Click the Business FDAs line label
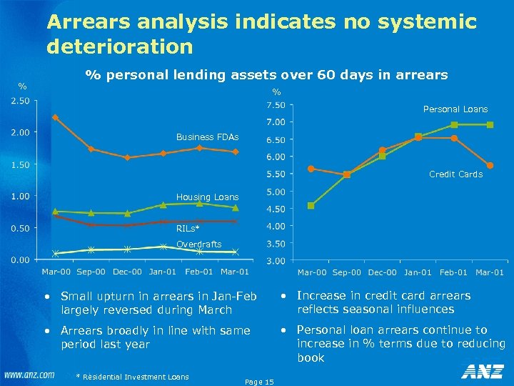pyautogui.click(x=207, y=137)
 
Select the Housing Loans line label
pyautogui.click(x=207, y=197)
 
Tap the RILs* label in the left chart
pyautogui.click(x=188, y=229)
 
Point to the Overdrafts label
pyautogui.click(x=198, y=244)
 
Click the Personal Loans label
pyautogui.click(x=455, y=109)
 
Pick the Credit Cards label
pyautogui.click(x=455, y=174)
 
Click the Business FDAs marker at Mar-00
pyautogui.click(x=55, y=118)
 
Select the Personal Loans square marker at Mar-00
pyautogui.click(x=311, y=206)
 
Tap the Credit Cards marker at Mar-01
pyautogui.click(x=490, y=165)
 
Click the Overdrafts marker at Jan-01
pyautogui.click(x=163, y=247)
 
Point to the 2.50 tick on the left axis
pyautogui.click(x=19, y=101)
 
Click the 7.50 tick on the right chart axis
pyautogui.click(x=275, y=105)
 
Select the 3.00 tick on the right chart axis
pyautogui.click(x=275, y=261)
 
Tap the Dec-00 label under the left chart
pyautogui.click(x=126, y=272)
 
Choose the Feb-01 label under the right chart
pyautogui.click(x=453, y=272)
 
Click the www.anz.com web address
pyautogui.click(x=29, y=375)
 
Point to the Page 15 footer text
pyautogui.click(x=258, y=382)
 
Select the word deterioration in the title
pyautogui.click(x=120, y=47)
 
